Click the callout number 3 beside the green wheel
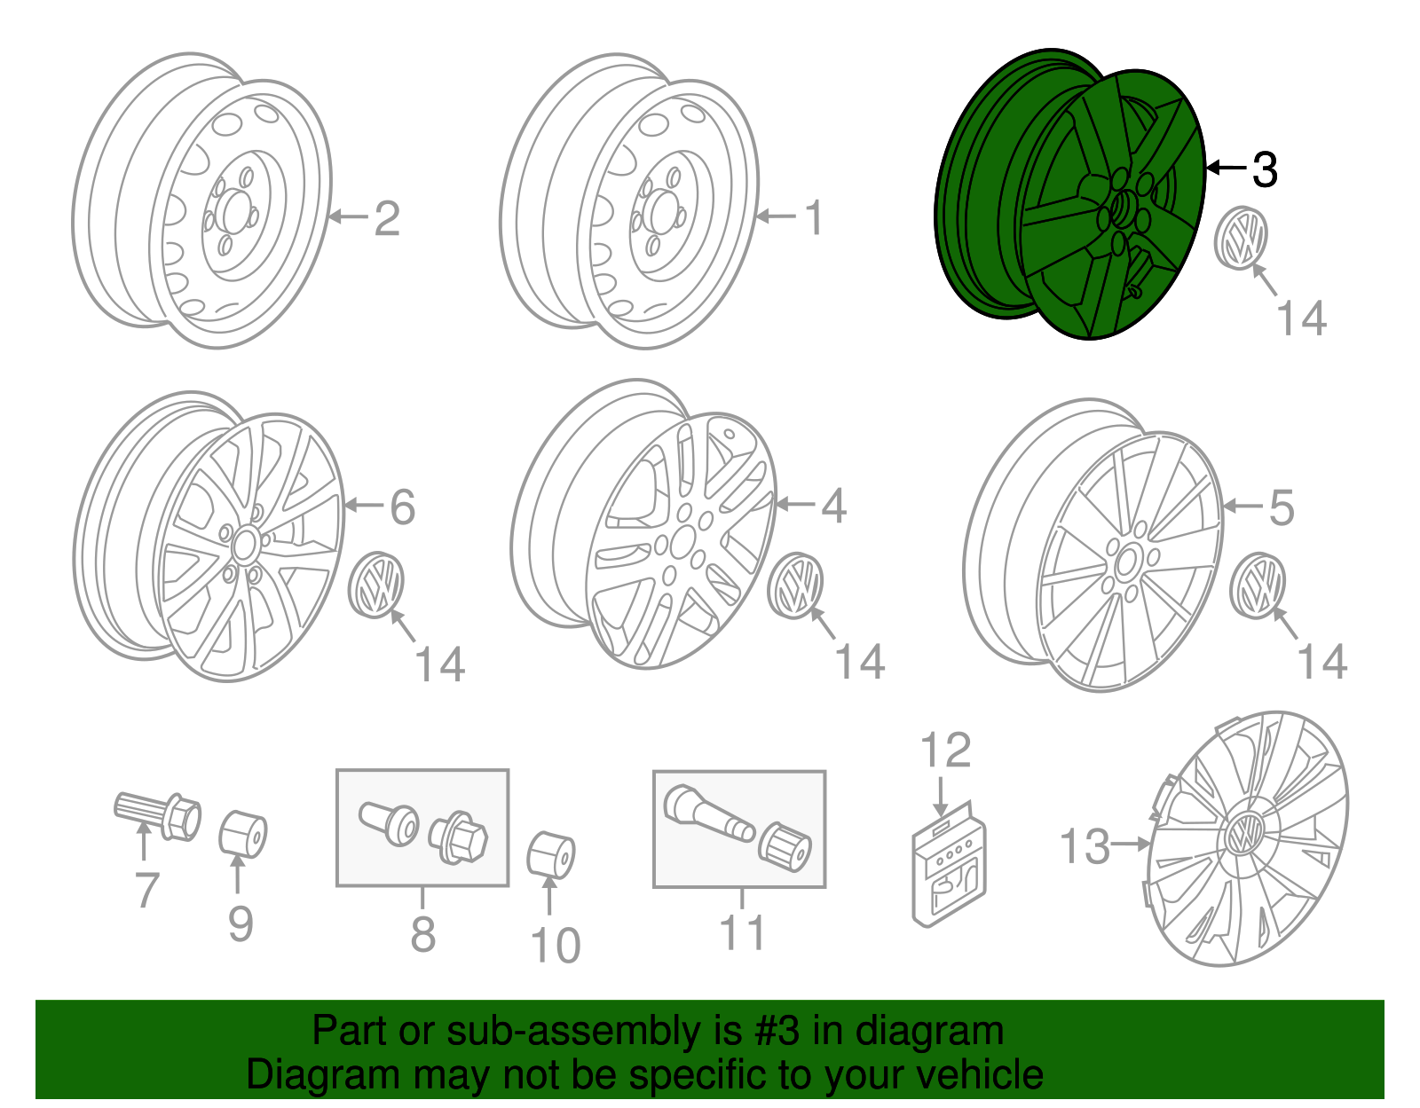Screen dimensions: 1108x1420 click(x=1265, y=169)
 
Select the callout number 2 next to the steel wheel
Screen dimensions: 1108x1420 click(x=387, y=218)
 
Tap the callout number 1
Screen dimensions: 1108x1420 click(x=814, y=218)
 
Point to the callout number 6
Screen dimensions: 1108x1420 click(x=403, y=507)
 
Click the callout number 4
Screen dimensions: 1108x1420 click(x=833, y=506)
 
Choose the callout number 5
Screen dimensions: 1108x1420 click(x=1282, y=507)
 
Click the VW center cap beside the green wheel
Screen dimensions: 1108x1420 click(x=1240, y=237)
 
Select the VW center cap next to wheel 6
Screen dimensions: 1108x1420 click(x=376, y=585)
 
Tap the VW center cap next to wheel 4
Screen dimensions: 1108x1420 click(x=796, y=585)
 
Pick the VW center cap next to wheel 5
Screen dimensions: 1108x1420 click(x=1258, y=585)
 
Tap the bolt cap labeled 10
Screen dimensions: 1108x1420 click(x=551, y=854)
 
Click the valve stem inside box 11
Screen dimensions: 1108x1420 click(x=706, y=814)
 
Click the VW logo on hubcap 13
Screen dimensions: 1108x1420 click(x=1244, y=834)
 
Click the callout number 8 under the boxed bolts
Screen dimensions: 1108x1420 click(x=423, y=933)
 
